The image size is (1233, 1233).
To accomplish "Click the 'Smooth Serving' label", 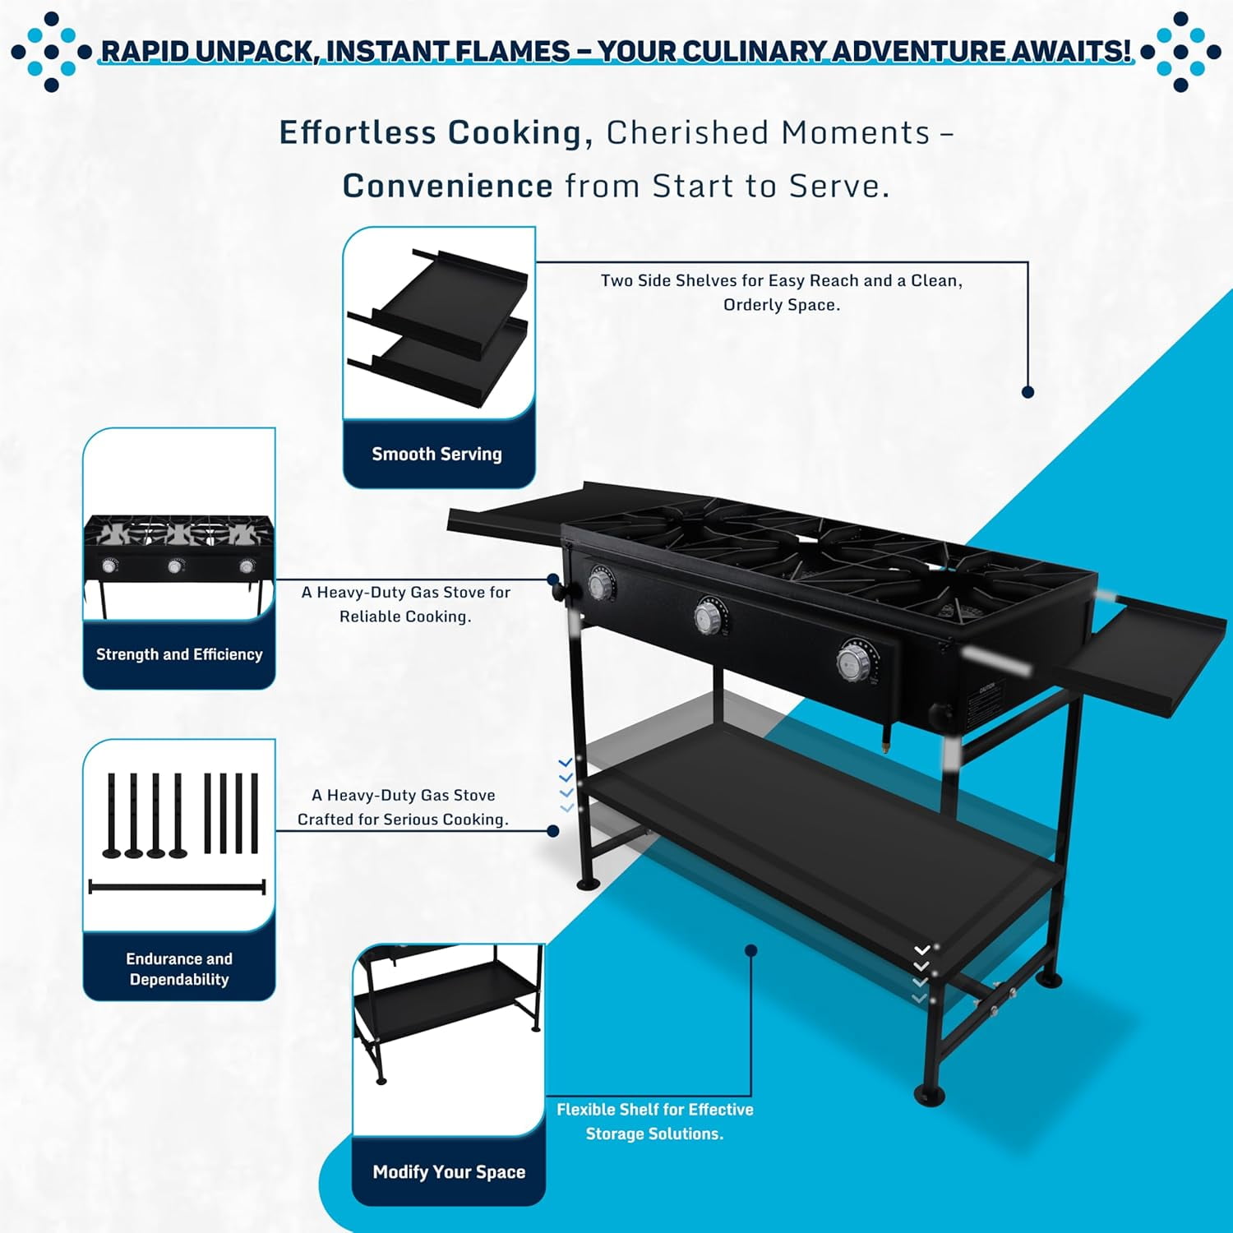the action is (x=436, y=454).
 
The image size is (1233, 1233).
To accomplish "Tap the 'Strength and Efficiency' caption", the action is (x=179, y=654).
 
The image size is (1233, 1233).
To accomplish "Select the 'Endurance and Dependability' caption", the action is (x=179, y=968).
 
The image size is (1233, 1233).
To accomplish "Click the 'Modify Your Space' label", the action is (x=449, y=1172).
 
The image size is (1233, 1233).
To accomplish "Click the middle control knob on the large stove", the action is (x=710, y=616).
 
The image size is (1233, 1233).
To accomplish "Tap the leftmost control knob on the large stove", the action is (x=602, y=584).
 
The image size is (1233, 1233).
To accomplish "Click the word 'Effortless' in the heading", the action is (x=358, y=132).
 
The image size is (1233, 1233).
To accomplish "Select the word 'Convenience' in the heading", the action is (x=447, y=186).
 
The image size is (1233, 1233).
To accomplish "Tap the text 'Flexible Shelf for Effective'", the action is (x=655, y=1110).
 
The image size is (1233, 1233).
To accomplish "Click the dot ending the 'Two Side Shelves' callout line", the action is (x=1027, y=392).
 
